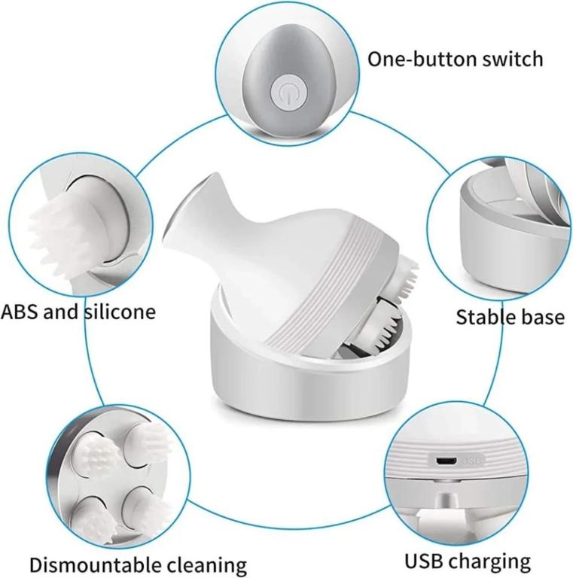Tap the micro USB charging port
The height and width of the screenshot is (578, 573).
coord(447,461)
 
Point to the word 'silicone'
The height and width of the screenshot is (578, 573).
coord(120,312)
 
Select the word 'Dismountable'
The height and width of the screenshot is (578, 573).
coord(96,564)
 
